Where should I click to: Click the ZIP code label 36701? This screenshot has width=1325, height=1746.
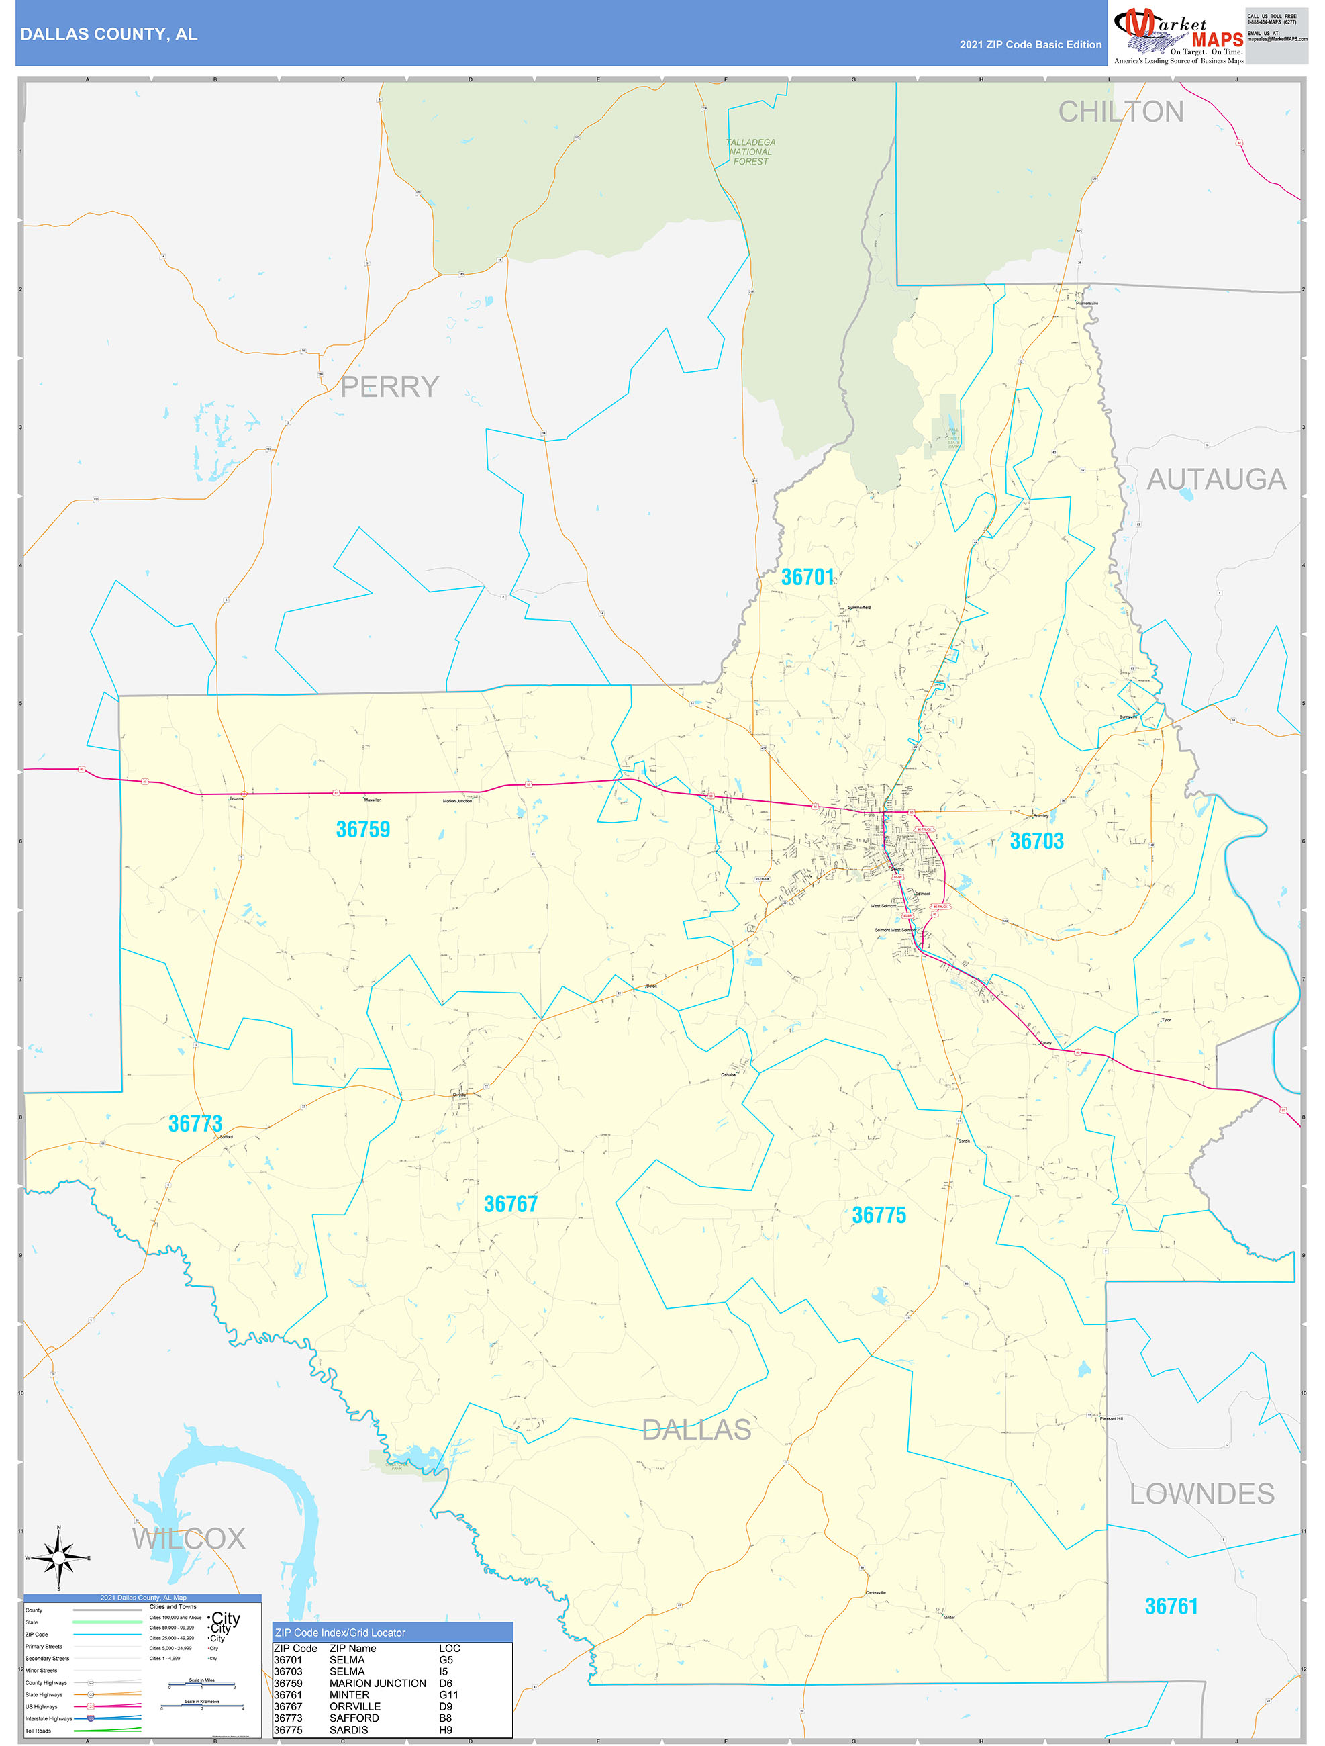[x=807, y=577]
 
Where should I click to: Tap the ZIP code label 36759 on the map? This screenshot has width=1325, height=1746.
[x=363, y=829]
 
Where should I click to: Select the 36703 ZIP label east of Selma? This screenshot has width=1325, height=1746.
[x=1036, y=841]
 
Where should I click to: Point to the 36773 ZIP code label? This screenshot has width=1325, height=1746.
[x=195, y=1123]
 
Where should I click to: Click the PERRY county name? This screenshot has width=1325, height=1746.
[x=389, y=387]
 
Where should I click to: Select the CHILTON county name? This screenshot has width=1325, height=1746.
[x=1120, y=112]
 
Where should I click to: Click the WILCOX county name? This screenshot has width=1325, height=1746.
[x=189, y=1538]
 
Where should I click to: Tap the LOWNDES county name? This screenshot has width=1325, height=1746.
[x=1201, y=1494]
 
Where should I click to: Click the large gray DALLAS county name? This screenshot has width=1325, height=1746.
[x=696, y=1430]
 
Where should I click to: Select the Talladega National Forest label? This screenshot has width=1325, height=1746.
[x=750, y=152]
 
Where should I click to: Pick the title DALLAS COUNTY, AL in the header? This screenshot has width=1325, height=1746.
[x=109, y=34]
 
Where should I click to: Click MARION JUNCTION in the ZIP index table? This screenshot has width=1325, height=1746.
[x=377, y=1683]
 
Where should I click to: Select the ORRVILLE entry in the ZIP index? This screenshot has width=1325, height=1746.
[x=354, y=1706]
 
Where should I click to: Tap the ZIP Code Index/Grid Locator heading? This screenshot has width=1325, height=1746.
[x=340, y=1633]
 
